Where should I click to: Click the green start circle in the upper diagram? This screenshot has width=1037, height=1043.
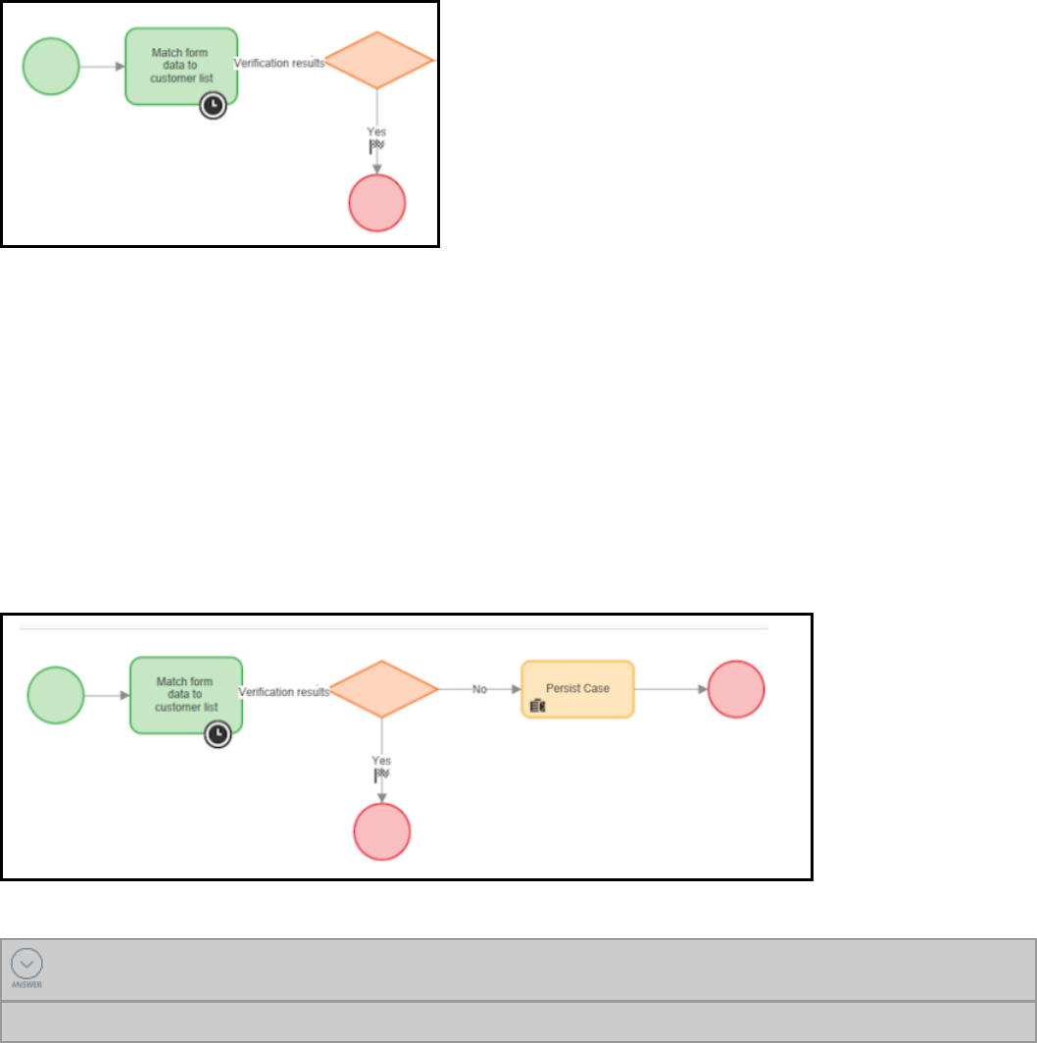click(51, 67)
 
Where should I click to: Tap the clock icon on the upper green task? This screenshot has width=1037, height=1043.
click(213, 106)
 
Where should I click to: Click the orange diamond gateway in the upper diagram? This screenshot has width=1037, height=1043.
click(378, 61)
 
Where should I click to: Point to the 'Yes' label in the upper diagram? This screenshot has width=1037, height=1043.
click(376, 130)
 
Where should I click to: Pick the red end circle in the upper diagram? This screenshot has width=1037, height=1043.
click(377, 203)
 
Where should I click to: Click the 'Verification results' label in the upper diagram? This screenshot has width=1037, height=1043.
click(279, 63)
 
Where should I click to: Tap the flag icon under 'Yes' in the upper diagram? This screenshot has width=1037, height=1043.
click(376, 145)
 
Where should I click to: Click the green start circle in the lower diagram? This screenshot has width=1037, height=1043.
click(56, 695)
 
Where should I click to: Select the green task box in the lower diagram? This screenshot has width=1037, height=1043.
click(186, 695)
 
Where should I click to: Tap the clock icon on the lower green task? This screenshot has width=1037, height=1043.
click(218, 734)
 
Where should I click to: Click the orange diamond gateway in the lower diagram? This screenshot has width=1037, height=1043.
click(383, 689)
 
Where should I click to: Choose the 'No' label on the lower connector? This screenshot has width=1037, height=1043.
click(480, 689)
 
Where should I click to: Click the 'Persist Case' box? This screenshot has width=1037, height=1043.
click(577, 689)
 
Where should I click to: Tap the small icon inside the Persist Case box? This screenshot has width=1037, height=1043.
click(537, 706)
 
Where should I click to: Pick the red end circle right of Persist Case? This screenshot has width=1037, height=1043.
click(735, 689)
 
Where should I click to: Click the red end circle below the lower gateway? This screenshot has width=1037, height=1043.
click(382, 832)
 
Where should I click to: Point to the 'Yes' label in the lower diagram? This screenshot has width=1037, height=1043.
click(381, 760)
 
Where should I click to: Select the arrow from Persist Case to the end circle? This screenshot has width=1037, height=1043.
click(670, 689)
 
